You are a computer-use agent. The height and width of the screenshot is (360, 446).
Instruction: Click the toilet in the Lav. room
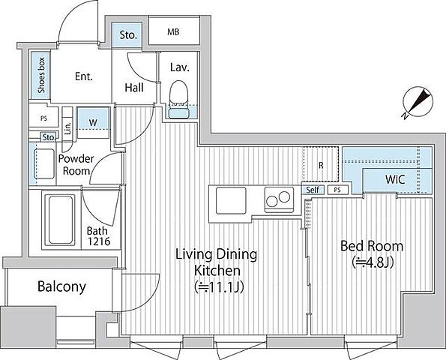[179, 99]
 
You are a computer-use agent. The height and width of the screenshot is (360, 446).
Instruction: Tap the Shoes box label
[41, 76]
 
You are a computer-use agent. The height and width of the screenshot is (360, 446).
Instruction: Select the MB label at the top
[173, 31]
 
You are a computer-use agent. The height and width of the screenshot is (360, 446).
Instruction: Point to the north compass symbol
[418, 102]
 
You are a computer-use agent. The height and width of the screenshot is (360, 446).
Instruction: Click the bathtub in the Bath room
[60, 220]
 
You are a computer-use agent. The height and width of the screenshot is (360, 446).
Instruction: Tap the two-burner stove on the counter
[279, 199]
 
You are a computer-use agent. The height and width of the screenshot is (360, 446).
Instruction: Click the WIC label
[395, 179]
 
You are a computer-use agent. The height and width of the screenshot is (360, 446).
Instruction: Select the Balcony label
[61, 286]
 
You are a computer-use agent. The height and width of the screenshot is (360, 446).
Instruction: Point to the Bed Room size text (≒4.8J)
[373, 262]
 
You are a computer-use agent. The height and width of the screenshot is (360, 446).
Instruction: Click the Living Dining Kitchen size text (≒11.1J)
[219, 287]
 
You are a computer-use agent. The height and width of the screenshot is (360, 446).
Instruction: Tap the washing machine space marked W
[93, 123]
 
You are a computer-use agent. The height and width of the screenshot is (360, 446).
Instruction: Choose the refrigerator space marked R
[321, 164]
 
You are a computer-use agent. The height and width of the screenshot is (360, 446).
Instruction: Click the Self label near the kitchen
[313, 190]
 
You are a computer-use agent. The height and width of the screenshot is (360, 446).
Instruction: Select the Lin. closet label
[67, 128]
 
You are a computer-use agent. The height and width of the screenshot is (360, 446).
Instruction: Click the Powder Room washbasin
[43, 164]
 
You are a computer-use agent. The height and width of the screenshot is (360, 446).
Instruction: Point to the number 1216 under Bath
[99, 241]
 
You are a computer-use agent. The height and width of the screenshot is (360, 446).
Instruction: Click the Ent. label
[84, 76]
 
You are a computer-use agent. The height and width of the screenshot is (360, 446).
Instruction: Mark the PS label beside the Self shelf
[337, 190]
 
